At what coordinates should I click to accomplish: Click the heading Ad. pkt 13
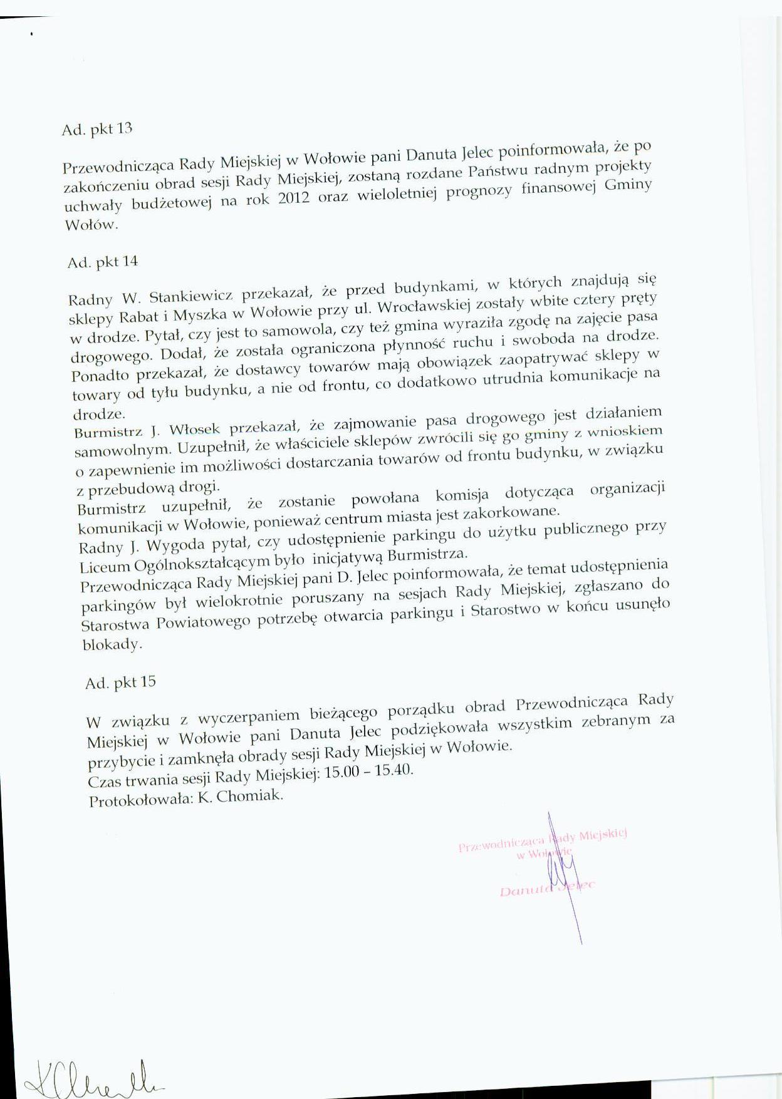coord(97,129)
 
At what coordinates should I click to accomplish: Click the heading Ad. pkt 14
coord(102,262)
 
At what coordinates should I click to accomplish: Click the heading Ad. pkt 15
coord(120,683)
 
